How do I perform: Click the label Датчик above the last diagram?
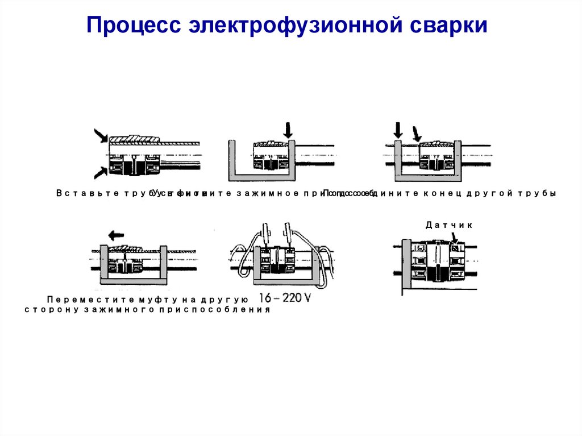tap(449, 225)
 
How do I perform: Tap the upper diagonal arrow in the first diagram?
tap(101, 135)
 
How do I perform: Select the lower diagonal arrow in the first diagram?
tap(101, 171)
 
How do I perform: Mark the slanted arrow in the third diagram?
tap(418, 134)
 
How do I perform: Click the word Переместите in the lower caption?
tap(86, 299)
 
